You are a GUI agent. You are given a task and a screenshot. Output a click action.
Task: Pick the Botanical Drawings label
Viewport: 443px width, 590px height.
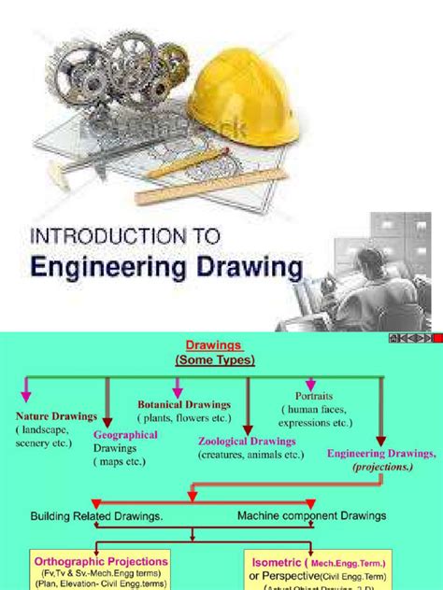tap(184, 404)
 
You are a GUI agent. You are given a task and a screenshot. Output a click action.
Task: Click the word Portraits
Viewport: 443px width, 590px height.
tap(314, 395)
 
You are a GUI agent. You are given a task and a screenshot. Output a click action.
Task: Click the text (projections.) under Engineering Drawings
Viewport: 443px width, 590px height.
tap(384, 467)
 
